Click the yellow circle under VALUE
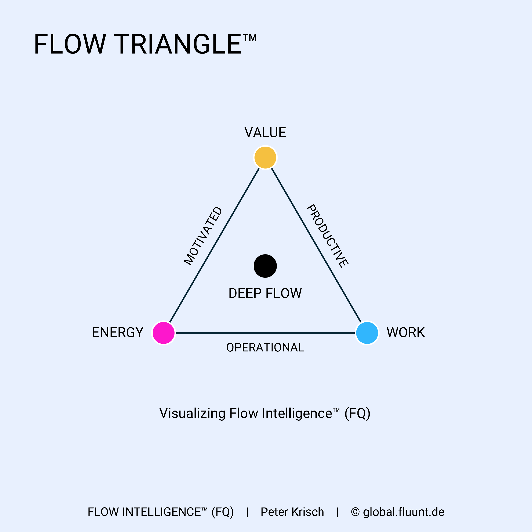[x=265, y=158]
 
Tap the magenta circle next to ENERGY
[x=164, y=333]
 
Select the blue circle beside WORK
[x=367, y=333]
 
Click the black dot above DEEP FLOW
[x=265, y=266]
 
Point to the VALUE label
[x=265, y=133]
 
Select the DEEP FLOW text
[x=265, y=293]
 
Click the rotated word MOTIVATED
[x=203, y=236]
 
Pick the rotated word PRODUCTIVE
[x=327, y=236]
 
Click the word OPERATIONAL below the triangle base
[x=265, y=348]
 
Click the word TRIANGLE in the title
[x=178, y=44]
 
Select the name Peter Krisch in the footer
[x=292, y=512]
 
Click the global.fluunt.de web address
[x=404, y=512]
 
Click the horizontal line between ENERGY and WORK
[x=265, y=333]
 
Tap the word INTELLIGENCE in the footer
[x=161, y=512]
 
